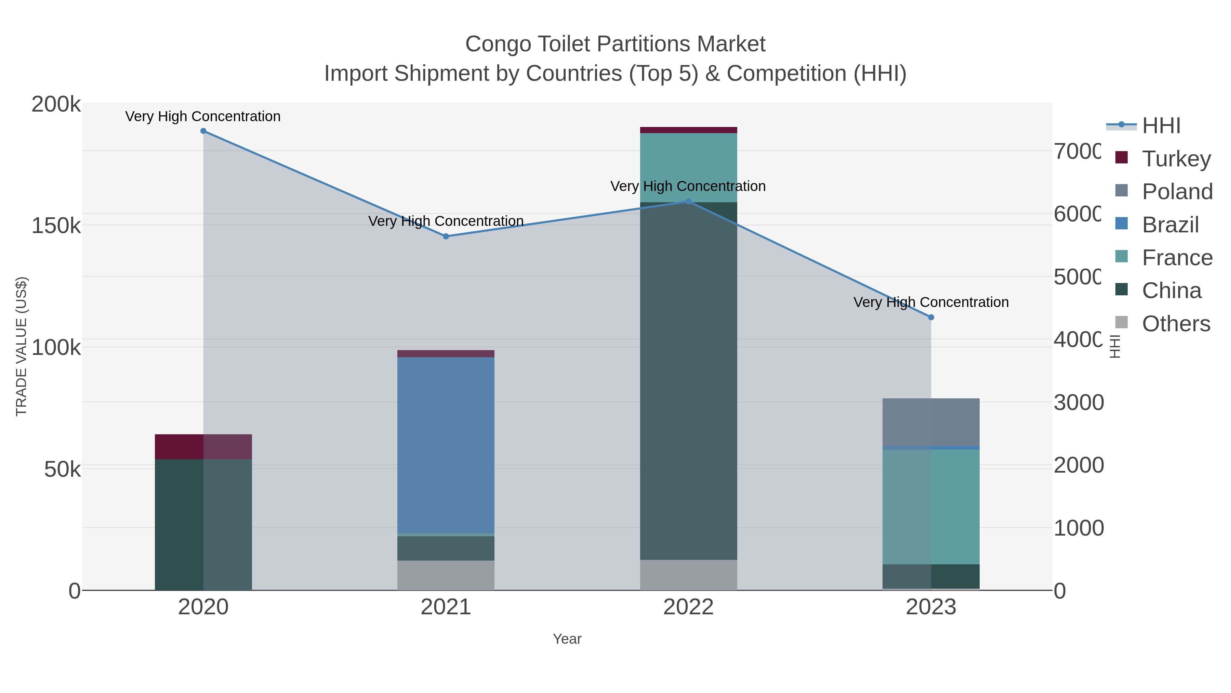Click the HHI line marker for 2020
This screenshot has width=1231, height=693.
point(203,131)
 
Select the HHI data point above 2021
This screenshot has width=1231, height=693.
point(446,236)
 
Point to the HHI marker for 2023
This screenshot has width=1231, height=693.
point(931,317)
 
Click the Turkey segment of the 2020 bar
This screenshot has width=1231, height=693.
point(203,447)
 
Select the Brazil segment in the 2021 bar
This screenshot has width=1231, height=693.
point(446,445)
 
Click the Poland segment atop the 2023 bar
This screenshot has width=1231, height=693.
point(931,422)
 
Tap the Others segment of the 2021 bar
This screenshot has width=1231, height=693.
point(446,575)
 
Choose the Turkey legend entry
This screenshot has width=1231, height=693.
point(1176,159)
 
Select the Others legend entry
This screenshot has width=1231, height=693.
point(1176,324)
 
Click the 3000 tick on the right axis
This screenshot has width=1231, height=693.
point(1078,403)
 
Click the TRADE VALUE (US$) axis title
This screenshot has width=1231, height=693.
point(22,346)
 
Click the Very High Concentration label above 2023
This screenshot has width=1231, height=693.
point(931,302)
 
